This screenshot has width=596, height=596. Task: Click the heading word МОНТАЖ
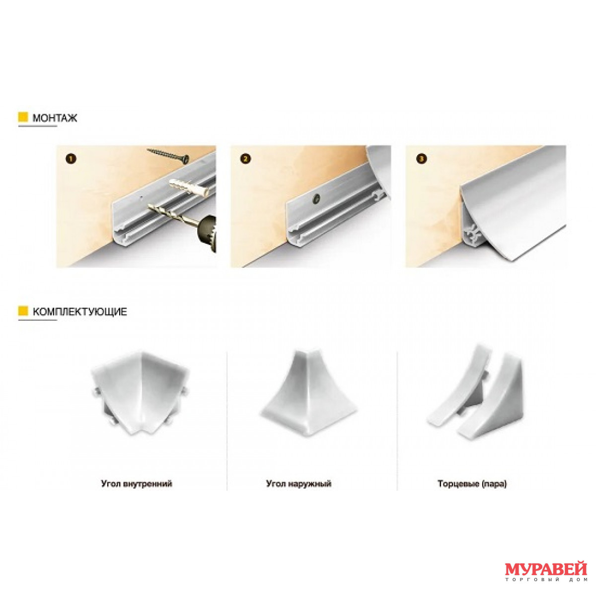click(x=55, y=118)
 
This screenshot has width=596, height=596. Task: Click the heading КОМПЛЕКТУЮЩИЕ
click(x=80, y=311)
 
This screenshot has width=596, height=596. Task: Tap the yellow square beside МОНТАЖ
click(x=23, y=117)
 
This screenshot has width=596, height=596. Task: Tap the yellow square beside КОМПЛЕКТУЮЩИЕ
click(x=23, y=310)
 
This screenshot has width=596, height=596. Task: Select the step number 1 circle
click(x=71, y=159)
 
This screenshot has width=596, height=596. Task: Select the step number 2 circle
click(x=245, y=159)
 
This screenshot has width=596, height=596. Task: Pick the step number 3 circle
click(x=422, y=159)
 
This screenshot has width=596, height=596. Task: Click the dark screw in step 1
click(x=168, y=155)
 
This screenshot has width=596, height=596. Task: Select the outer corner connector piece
click(x=309, y=392)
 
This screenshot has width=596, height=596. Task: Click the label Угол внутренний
click(x=137, y=484)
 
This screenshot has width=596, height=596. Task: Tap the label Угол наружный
click(x=299, y=484)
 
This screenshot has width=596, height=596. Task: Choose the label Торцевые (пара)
click(x=472, y=484)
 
